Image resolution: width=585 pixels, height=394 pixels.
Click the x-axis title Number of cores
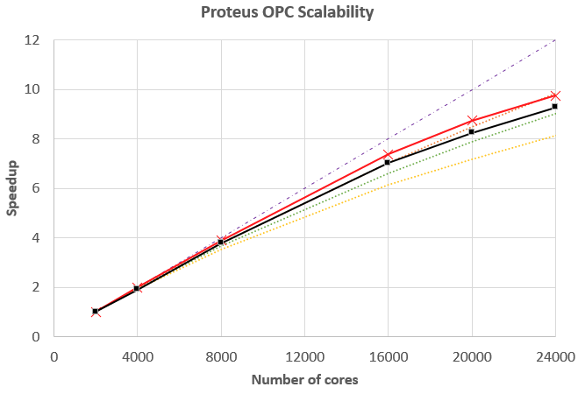[304, 380]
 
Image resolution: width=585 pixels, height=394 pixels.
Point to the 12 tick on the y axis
[32, 40]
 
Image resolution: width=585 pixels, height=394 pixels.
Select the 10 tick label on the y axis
[32, 89]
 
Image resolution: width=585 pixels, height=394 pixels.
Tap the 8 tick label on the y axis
[36, 139]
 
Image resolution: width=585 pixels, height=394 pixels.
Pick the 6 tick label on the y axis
[36, 188]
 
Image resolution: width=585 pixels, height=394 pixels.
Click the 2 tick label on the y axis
[36, 287]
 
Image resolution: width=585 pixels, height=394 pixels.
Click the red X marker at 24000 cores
[555, 95]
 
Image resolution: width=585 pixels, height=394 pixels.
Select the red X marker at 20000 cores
[472, 121]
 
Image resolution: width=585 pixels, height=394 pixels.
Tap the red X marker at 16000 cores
[388, 155]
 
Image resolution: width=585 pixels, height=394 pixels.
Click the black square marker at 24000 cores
[555, 106]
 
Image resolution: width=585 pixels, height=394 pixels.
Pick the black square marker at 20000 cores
[472, 131]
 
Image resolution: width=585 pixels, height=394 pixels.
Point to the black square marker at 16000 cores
[388, 162]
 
